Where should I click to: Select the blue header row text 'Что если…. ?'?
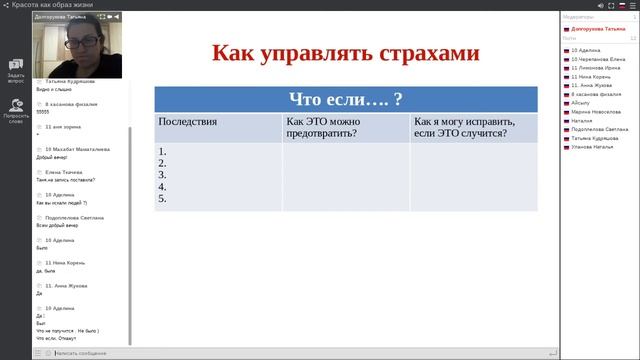coord(345,99)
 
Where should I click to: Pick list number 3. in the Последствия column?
coord(162,175)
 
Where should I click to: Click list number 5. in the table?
coord(162,198)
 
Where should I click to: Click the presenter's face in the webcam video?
coord(78,41)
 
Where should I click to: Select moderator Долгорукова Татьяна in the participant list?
coord(599,29)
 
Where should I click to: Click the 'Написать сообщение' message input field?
coord(90,353)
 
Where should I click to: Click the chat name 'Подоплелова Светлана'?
coord(75,217)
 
